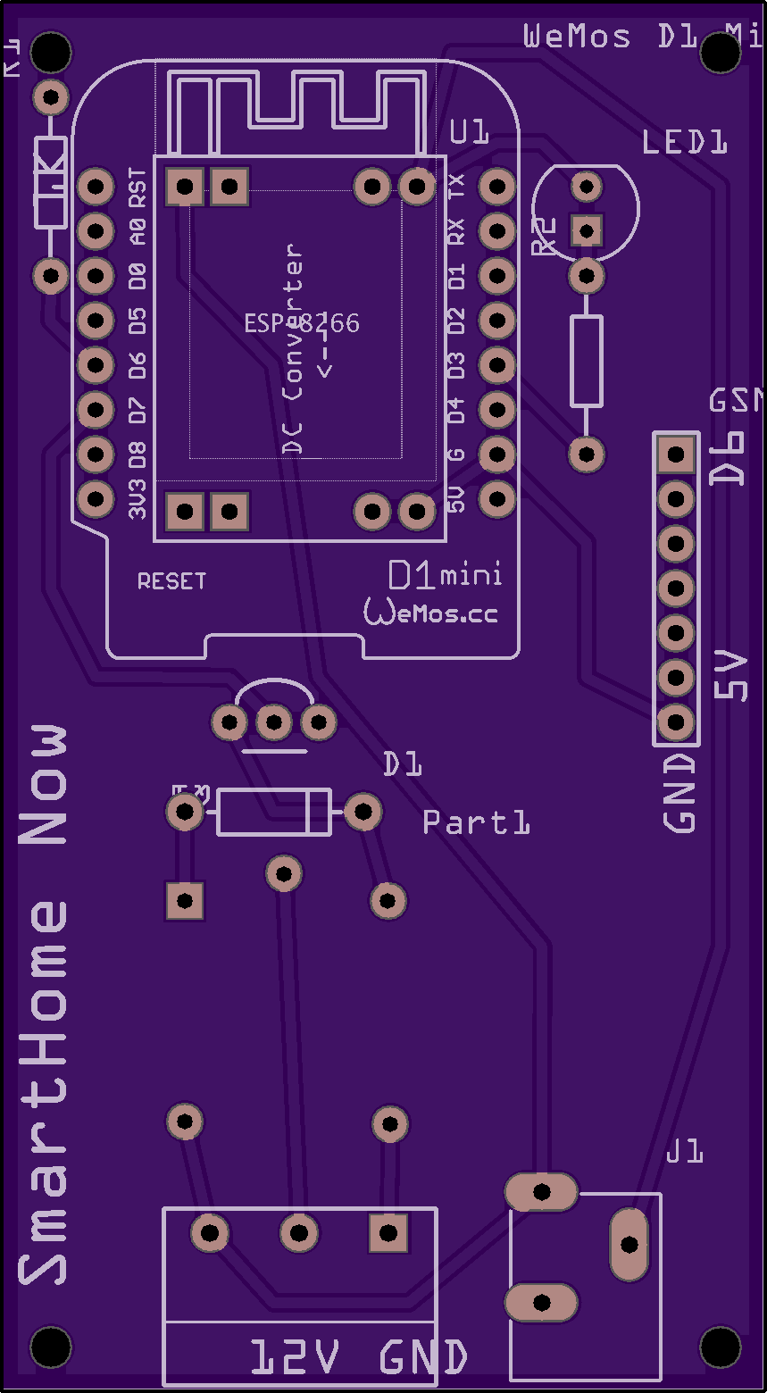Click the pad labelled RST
pyautogui.click(x=95, y=188)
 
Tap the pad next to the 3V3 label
pyautogui.click(x=95, y=499)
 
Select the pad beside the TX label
pyautogui.click(x=496, y=188)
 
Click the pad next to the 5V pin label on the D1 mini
pyautogui.click(x=496, y=499)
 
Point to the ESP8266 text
pyautogui.click(x=302, y=323)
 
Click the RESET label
pyautogui.click(x=171, y=581)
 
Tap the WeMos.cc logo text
pyautogui.click(x=430, y=612)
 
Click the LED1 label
pyautogui.click(x=685, y=142)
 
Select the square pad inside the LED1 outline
pyautogui.click(x=587, y=231)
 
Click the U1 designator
pyautogui.click(x=470, y=133)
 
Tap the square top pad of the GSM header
pyautogui.click(x=676, y=455)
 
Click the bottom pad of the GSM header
pyautogui.click(x=676, y=722)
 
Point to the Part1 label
pyautogui.click(x=476, y=822)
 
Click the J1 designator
pyautogui.click(x=685, y=1153)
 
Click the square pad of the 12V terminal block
pyautogui.click(x=388, y=1233)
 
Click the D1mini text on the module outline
pyautogui.click(x=445, y=576)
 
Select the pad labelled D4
pyautogui.click(x=496, y=410)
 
